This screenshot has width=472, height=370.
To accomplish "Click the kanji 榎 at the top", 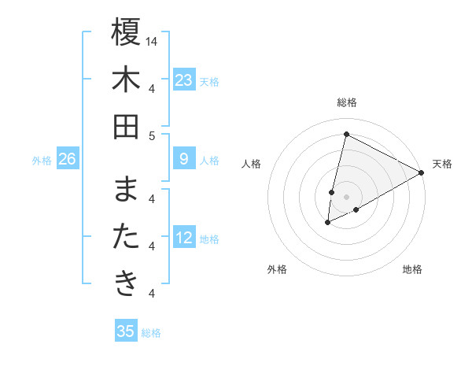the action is [x=127, y=33].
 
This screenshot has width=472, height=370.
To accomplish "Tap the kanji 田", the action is [x=127, y=125].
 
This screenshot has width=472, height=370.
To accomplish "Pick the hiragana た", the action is [x=127, y=237].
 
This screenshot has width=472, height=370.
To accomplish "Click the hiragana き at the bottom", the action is [x=127, y=283].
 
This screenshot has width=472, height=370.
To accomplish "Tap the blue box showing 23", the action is [x=184, y=80].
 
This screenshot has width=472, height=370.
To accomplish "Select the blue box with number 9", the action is [x=184, y=159].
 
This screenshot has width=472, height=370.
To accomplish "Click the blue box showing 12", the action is [x=184, y=238].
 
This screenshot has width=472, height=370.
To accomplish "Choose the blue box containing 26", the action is [x=68, y=159].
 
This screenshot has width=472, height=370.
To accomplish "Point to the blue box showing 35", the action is [x=126, y=331].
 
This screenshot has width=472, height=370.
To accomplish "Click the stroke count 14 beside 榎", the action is [x=153, y=41].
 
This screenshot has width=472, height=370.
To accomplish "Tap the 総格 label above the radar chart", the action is [x=346, y=102].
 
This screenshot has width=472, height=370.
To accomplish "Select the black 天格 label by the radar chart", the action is [x=442, y=164].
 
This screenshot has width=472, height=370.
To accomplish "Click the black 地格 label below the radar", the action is [x=412, y=269].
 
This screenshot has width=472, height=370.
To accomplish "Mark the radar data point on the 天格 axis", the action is [x=422, y=172].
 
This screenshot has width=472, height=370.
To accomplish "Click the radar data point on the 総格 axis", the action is [x=346, y=134].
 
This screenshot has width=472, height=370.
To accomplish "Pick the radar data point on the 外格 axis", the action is [x=327, y=224].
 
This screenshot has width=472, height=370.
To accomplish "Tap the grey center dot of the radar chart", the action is [x=346, y=197].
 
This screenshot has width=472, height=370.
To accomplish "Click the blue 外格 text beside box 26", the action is [x=42, y=160].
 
